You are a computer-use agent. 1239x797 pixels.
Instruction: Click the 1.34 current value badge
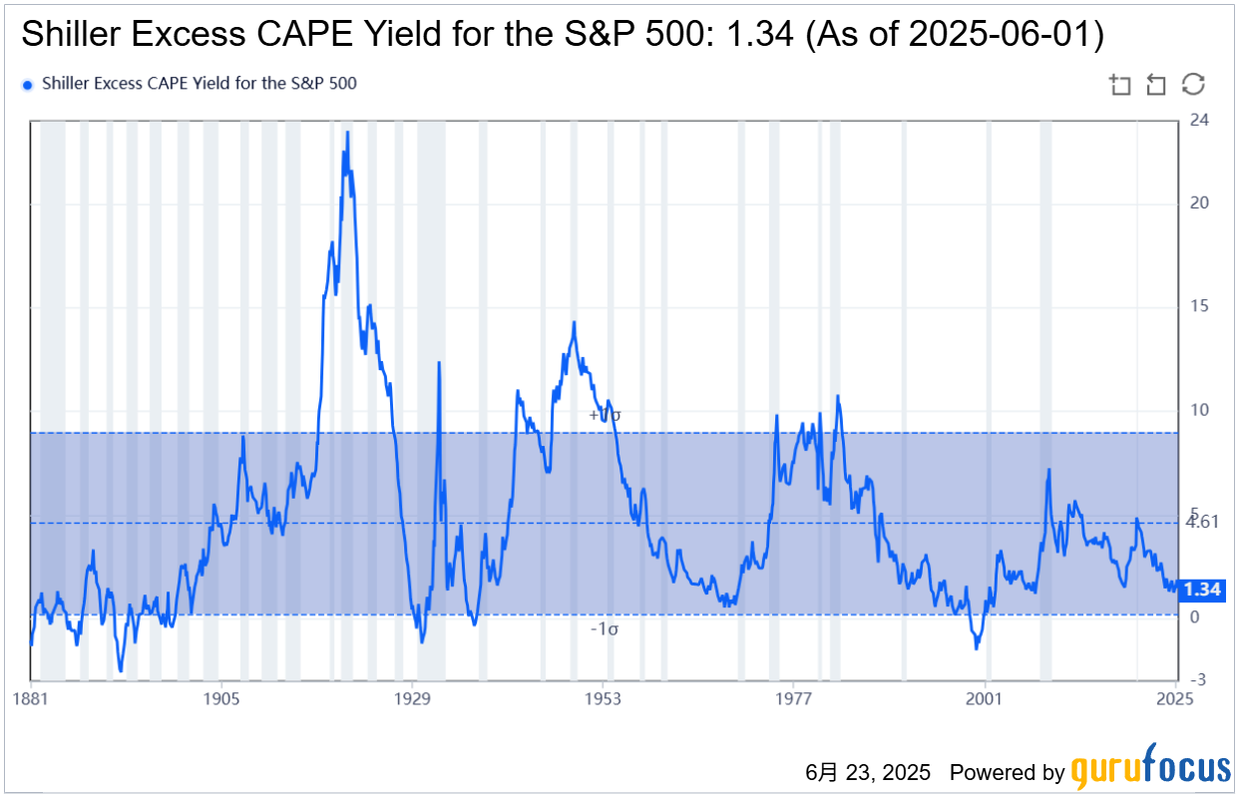point(1201,590)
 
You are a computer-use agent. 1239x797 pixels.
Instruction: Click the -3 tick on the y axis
point(1198,679)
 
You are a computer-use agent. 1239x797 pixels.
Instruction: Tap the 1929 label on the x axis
point(413,698)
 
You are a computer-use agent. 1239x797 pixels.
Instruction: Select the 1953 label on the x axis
point(604,698)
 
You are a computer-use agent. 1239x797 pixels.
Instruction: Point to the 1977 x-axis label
point(794,698)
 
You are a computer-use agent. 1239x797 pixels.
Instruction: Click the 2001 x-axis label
point(986,698)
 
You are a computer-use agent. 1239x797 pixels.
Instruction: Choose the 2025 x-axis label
point(1175,698)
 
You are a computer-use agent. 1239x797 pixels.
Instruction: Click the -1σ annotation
point(605,628)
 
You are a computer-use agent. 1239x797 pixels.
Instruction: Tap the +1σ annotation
point(605,414)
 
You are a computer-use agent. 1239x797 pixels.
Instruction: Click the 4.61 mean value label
point(1203,522)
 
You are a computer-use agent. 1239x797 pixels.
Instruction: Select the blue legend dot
point(27,85)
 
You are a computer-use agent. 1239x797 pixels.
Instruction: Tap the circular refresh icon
point(1193,84)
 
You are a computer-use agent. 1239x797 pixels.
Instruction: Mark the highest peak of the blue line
point(347,132)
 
